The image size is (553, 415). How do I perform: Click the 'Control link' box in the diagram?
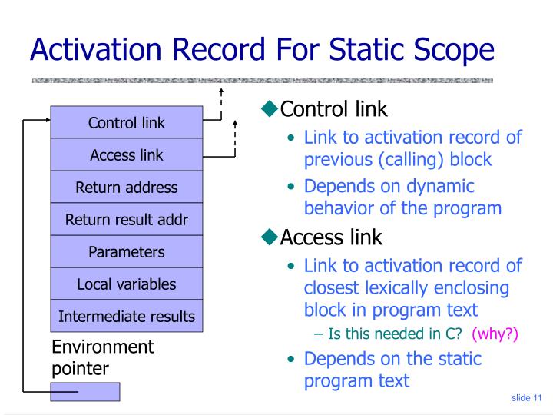click(127, 122)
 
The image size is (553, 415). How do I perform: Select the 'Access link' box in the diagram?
click(127, 154)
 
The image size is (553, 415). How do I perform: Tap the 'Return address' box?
click(127, 188)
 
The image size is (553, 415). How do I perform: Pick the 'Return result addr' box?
click(127, 220)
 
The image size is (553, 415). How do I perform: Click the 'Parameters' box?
click(127, 252)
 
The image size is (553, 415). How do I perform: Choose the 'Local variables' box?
click(127, 284)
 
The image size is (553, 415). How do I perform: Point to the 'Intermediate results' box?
click(127, 317)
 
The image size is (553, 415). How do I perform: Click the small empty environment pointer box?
click(85, 392)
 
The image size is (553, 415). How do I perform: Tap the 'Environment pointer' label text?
click(102, 357)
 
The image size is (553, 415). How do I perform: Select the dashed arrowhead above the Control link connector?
click(221, 93)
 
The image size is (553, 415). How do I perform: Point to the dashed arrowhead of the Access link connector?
click(235, 123)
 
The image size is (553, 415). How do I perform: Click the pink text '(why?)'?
click(495, 334)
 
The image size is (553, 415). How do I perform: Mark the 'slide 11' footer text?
click(526, 397)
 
